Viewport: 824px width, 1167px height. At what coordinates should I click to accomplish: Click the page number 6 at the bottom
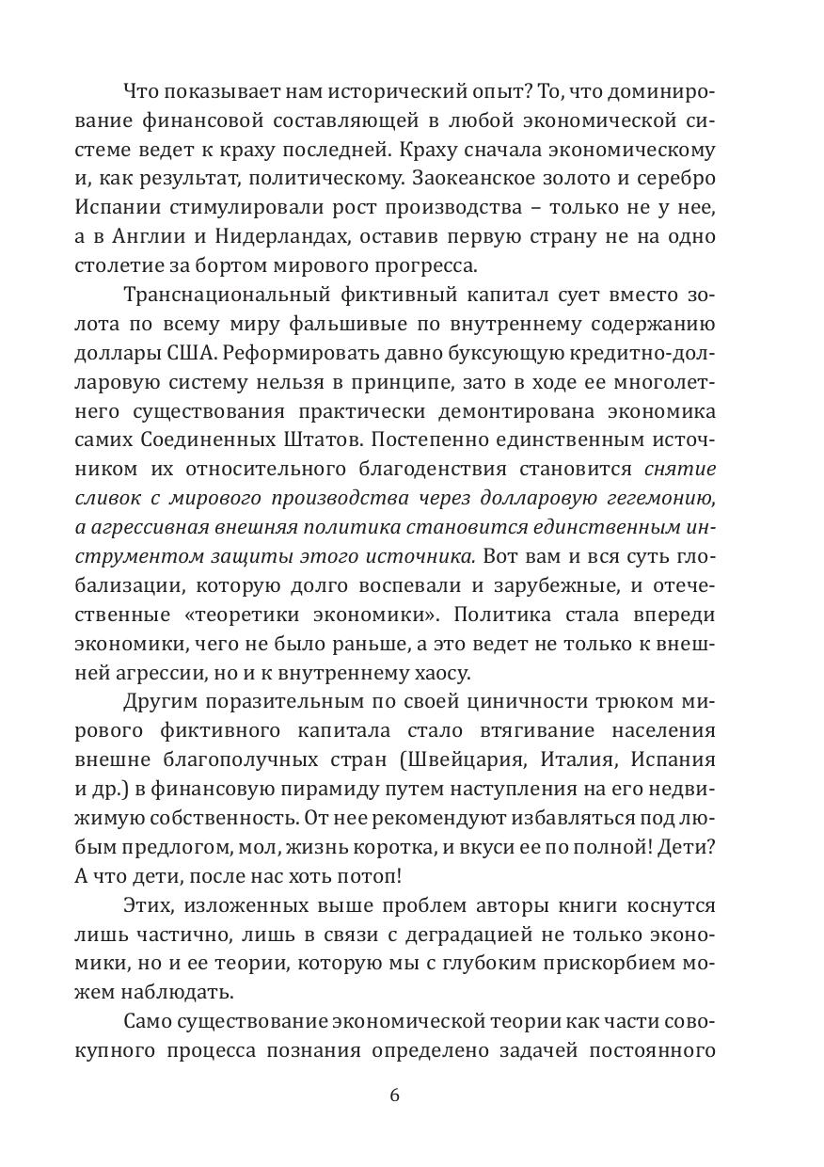point(394,1095)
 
